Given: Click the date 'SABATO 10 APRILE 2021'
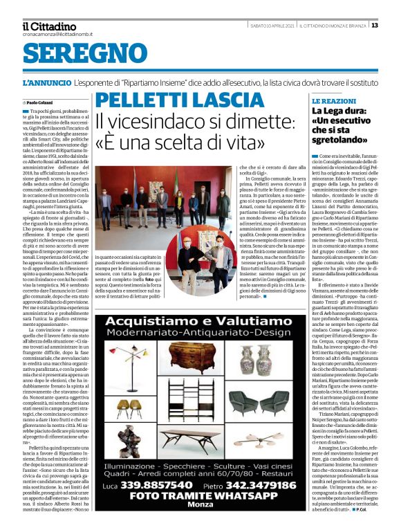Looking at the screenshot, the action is pyautogui.click(x=272, y=26).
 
